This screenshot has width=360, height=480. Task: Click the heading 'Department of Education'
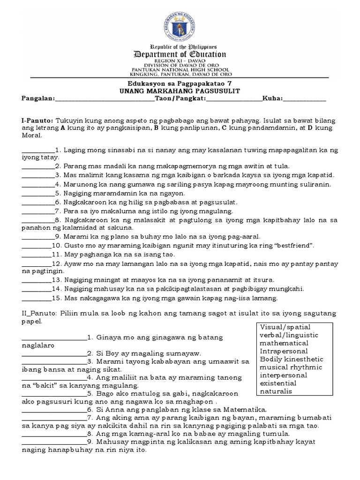(x=180, y=54)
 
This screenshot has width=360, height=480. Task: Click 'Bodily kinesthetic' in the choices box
(x=291, y=359)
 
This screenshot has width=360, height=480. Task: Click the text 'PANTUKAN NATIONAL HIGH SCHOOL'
(x=180, y=69)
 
